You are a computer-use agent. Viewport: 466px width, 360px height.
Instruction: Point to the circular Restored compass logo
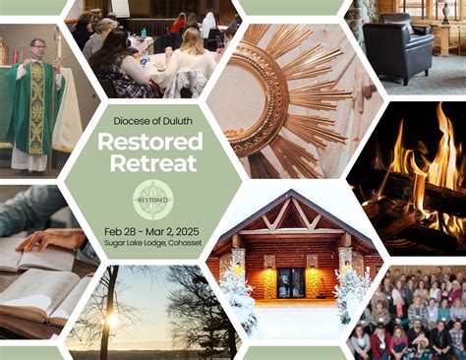click(x=152, y=199)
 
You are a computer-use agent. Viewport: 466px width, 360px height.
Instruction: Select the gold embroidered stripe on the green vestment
click(x=36, y=108)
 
